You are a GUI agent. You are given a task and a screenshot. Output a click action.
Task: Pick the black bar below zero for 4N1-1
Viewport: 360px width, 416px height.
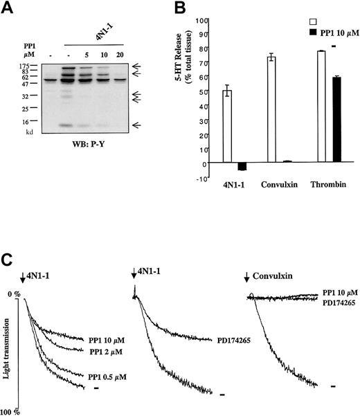point(241,167)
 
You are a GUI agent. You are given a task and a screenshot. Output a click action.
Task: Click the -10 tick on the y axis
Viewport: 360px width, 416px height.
point(203,178)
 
